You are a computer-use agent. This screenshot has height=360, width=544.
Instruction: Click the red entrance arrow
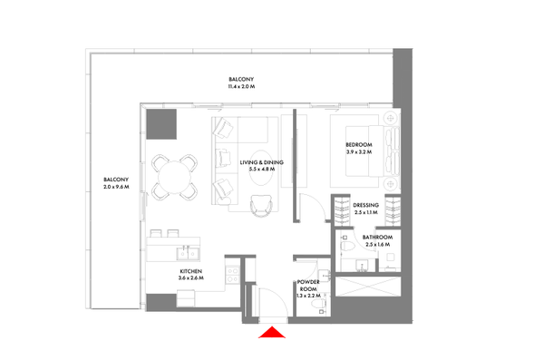point(272,333)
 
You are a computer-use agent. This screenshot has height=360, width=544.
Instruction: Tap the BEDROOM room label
point(359,145)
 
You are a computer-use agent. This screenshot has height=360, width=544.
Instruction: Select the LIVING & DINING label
point(262,162)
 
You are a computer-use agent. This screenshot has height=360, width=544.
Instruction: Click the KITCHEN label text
point(190,271)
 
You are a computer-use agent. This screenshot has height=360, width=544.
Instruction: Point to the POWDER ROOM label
point(308,286)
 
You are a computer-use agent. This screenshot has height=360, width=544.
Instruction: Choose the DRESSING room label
point(365,205)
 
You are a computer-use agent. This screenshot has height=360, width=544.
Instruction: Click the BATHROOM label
point(377,237)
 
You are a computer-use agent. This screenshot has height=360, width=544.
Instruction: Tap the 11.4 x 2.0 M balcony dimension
point(241,86)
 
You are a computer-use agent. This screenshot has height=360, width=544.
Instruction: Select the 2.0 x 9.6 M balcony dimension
point(116,187)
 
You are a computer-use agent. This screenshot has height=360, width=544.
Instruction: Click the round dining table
point(174,177)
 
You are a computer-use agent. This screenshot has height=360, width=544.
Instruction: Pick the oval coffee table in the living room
point(261,168)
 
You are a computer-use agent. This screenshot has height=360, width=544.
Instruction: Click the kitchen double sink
point(188,253)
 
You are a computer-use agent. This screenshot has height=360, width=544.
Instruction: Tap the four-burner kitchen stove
point(232,274)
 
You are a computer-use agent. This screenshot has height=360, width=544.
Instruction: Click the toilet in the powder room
point(318,304)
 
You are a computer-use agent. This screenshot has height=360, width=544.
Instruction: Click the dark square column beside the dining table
point(161,124)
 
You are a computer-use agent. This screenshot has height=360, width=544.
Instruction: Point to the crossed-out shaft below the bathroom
point(368,287)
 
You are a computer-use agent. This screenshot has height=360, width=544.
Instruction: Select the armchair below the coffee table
point(260,205)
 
